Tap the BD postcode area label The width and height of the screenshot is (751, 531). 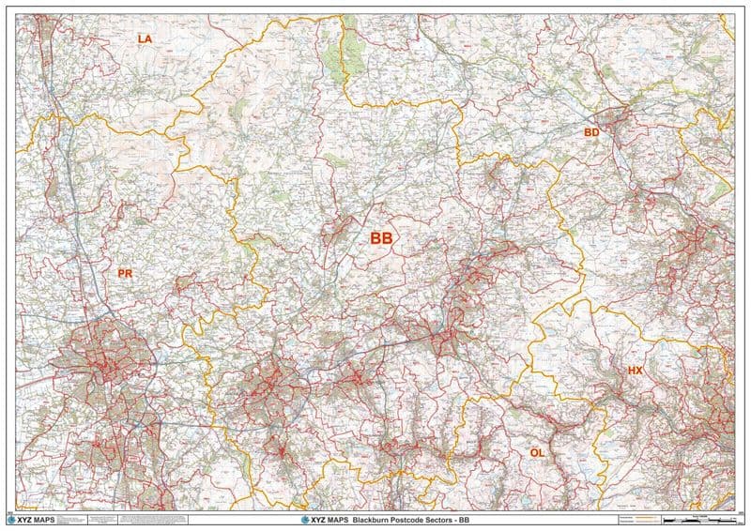coord(591,132)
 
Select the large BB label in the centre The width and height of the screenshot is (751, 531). coord(381,239)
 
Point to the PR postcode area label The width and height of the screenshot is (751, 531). coord(125,273)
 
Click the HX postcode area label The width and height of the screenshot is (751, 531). coord(635,372)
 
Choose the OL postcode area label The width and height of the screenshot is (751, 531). coord(537,452)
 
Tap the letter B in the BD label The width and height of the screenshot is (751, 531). coord(588,132)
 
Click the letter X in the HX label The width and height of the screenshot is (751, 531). coord(639,372)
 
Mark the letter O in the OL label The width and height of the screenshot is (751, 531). coord(533,452)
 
